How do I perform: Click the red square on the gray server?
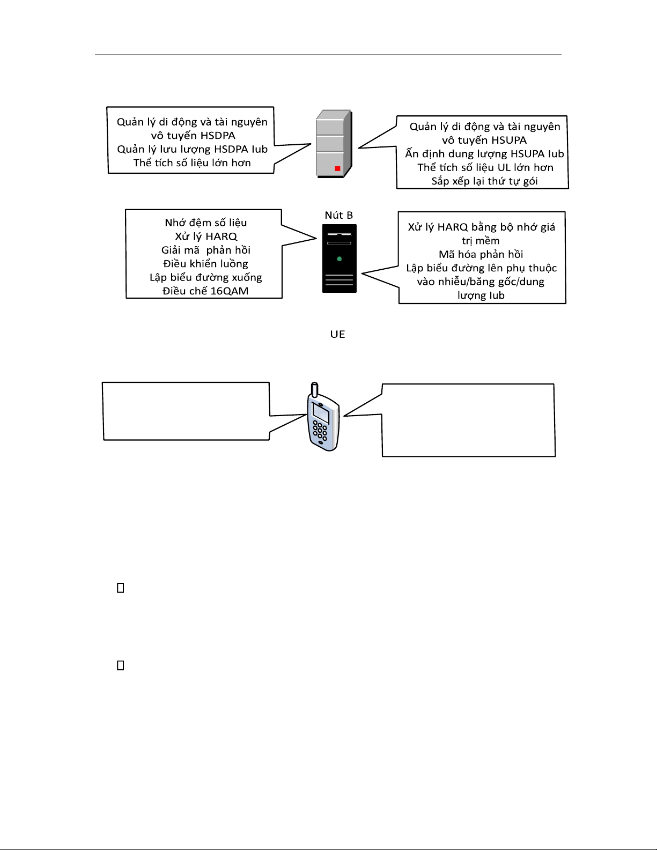tap(337, 168)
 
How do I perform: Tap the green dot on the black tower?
tap(339, 259)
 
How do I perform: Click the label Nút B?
tap(338, 215)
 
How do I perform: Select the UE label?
tap(337, 334)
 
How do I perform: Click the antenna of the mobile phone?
tap(314, 389)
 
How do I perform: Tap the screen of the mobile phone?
tap(321, 413)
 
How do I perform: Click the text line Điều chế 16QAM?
tap(205, 291)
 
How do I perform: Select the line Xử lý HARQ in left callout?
tap(206, 236)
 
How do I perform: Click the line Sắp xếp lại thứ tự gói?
tap(484, 181)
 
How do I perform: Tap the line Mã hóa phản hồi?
tap(481, 254)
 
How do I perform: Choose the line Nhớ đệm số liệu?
tap(206, 223)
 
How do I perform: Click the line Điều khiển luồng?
tap(206, 264)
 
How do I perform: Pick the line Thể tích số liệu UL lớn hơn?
tap(485, 167)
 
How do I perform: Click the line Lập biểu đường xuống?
tap(206, 277)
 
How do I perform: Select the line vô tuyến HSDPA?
tap(193, 135)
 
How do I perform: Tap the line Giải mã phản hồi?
tap(206, 250)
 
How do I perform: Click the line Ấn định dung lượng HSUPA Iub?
tap(484, 154)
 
